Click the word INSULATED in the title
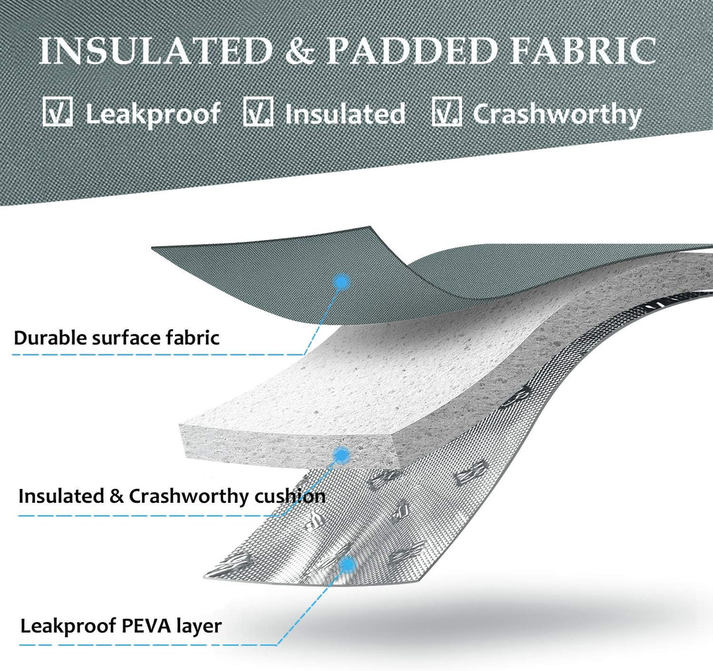(156, 50)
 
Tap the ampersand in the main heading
(300, 50)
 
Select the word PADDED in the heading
(411, 50)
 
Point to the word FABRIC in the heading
(582, 50)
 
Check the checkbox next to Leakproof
(57, 112)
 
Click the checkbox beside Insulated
(258, 112)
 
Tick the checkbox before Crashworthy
(446, 112)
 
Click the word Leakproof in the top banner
(153, 114)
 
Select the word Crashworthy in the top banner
(557, 114)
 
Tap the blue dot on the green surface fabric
(341, 282)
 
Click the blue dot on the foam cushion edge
(343, 454)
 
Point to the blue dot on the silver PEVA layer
(348, 565)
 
